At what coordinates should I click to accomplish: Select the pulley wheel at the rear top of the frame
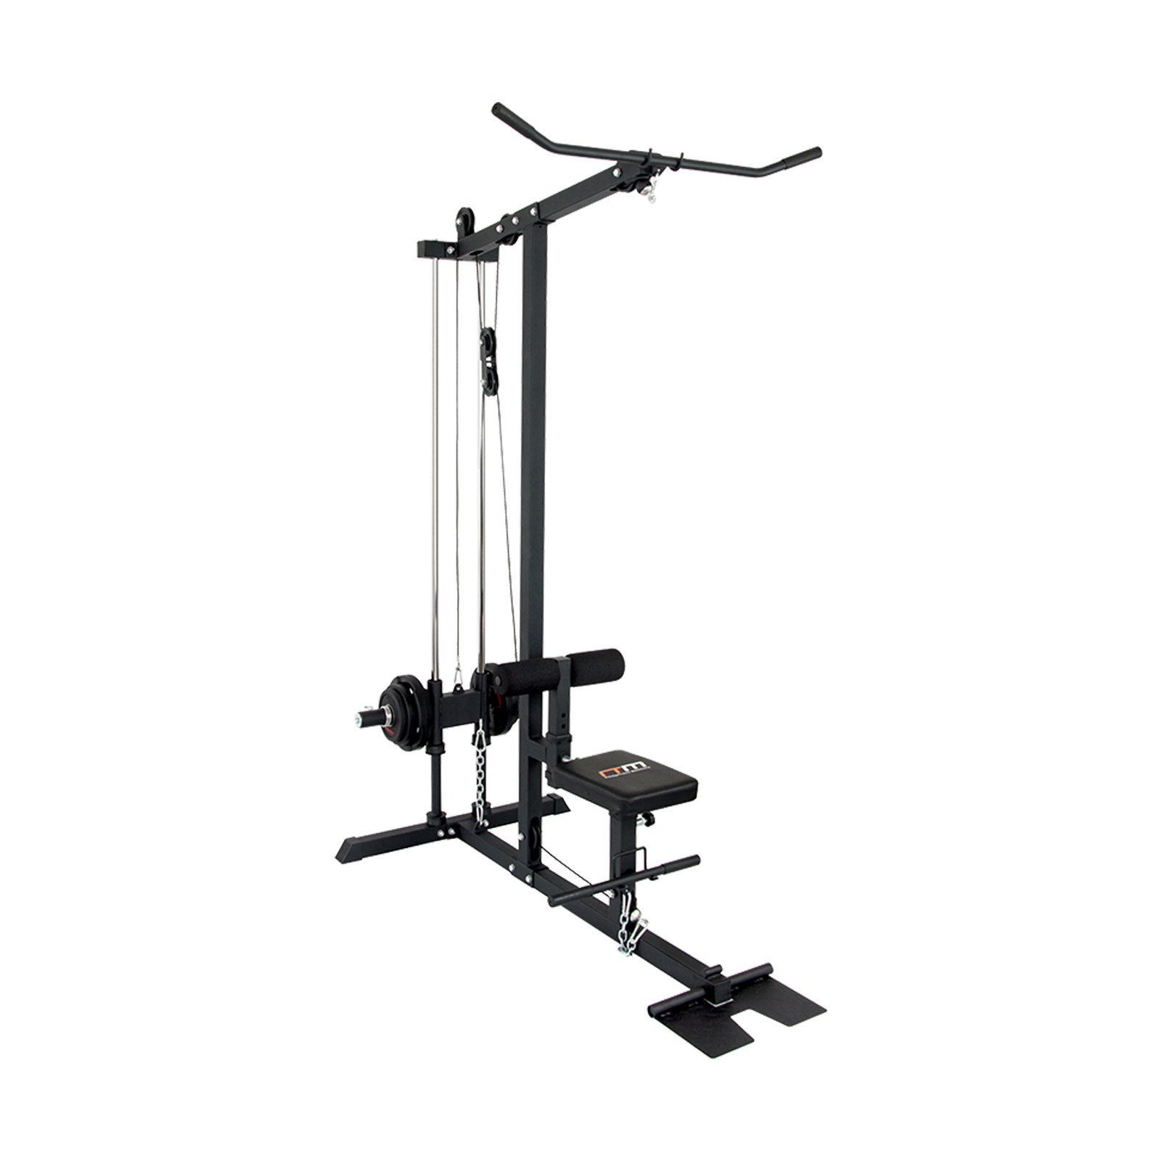coord(463,220)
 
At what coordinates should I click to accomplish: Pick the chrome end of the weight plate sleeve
coord(359,719)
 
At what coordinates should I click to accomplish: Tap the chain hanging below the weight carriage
coord(479,769)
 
